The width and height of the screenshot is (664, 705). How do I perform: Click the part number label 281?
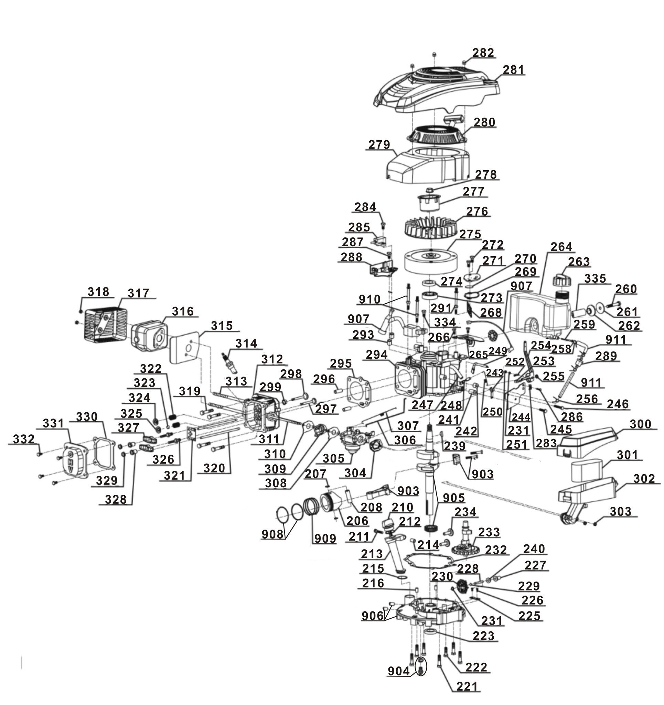click(514, 70)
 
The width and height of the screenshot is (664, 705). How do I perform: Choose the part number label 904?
click(398, 671)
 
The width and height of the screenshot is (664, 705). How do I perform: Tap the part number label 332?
click(24, 439)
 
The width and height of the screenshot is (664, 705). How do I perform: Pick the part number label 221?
click(467, 696)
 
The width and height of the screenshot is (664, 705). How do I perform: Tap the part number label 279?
click(379, 145)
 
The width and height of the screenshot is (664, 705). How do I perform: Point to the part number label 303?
click(620, 511)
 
